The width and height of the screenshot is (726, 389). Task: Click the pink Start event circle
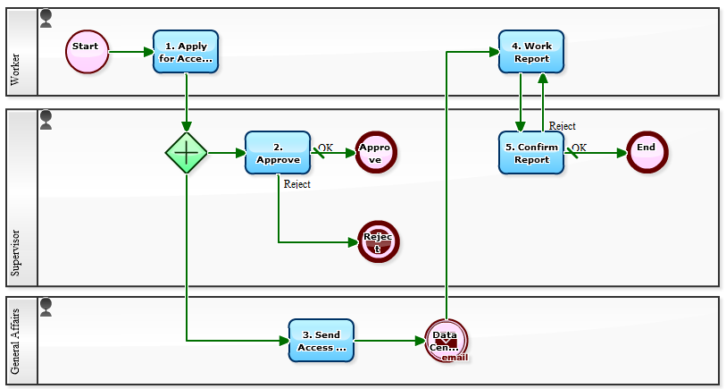pyautogui.click(x=87, y=52)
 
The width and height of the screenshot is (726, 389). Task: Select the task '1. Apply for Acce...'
pyautogui.click(x=186, y=52)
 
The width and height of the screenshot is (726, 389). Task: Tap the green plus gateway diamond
pyautogui.click(x=186, y=153)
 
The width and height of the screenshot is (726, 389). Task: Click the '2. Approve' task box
pyautogui.click(x=278, y=153)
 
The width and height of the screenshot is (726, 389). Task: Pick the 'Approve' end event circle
pyautogui.click(x=376, y=153)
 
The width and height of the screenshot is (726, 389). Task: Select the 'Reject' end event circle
pyautogui.click(x=378, y=241)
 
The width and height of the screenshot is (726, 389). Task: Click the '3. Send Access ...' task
pyautogui.click(x=321, y=341)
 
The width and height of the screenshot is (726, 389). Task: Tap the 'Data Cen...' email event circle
pyautogui.click(x=446, y=341)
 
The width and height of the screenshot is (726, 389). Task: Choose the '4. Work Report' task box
pyautogui.click(x=531, y=52)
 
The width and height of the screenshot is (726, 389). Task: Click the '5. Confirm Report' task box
pyautogui.click(x=531, y=153)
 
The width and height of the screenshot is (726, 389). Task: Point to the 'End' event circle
pyautogui.click(x=647, y=152)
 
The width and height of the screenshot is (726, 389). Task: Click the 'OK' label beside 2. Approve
pyautogui.click(x=326, y=148)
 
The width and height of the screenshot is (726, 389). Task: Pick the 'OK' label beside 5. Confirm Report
pyautogui.click(x=580, y=148)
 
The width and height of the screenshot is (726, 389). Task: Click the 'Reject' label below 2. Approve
pyautogui.click(x=296, y=184)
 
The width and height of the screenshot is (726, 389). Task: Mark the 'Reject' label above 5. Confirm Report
pyautogui.click(x=562, y=126)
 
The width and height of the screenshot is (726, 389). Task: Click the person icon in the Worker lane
pyautogui.click(x=46, y=18)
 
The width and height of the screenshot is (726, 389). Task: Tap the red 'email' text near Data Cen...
pyautogui.click(x=455, y=357)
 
